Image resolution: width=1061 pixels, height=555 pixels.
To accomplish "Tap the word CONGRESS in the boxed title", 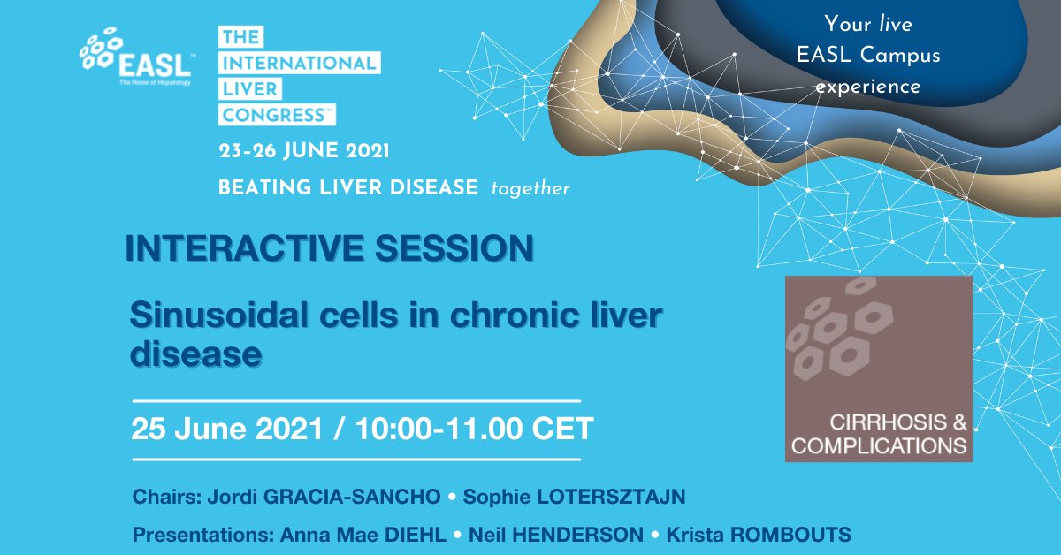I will (x=274, y=115).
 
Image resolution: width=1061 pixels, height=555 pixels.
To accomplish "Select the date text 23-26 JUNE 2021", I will (x=304, y=151).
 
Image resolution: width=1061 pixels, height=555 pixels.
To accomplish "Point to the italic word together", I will (x=530, y=188).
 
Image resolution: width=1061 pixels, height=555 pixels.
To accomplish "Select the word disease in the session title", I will (x=195, y=354).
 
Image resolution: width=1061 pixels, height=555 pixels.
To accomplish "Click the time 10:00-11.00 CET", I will (x=474, y=430).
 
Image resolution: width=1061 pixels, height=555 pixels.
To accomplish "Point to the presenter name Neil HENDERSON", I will (x=556, y=536).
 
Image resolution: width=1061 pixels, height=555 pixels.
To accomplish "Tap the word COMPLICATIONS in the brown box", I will (x=879, y=446).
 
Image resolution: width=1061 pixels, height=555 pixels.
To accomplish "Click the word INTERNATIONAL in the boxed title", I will (x=299, y=63).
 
